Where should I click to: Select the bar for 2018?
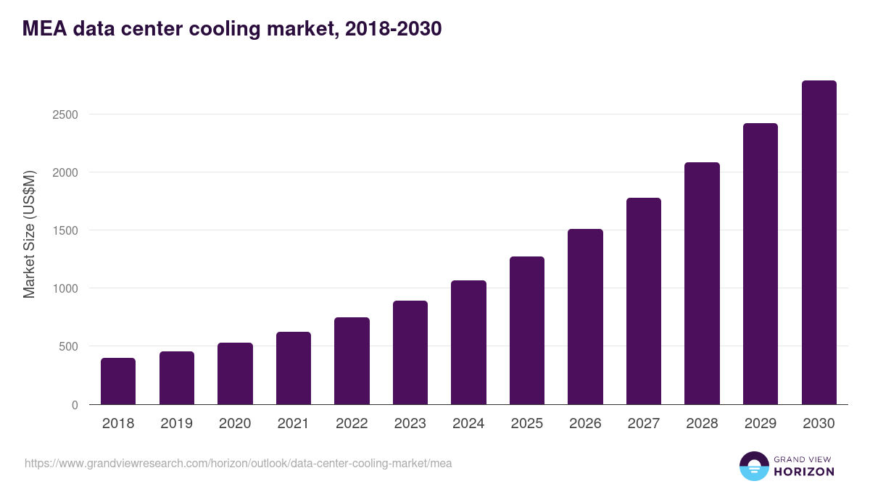[118, 381]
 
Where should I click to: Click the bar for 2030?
[819, 243]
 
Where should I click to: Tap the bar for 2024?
[468, 342]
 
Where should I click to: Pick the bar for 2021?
[294, 368]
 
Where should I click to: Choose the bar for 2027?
[644, 301]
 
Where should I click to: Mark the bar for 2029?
[761, 264]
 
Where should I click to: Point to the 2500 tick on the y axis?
[65, 114]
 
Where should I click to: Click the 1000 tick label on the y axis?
[65, 288]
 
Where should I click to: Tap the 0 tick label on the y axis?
[74, 405]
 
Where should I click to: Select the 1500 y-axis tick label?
[65, 230]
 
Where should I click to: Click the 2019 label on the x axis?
[176, 424]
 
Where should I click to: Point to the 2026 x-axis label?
[585, 424]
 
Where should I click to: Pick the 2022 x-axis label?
[352, 424]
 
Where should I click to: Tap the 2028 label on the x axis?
[702, 424]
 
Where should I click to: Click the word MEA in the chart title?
[45, 29]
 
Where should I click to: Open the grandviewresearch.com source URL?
[238, 463]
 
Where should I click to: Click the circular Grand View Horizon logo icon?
[753, 466]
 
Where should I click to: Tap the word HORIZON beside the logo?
[804, 472]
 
